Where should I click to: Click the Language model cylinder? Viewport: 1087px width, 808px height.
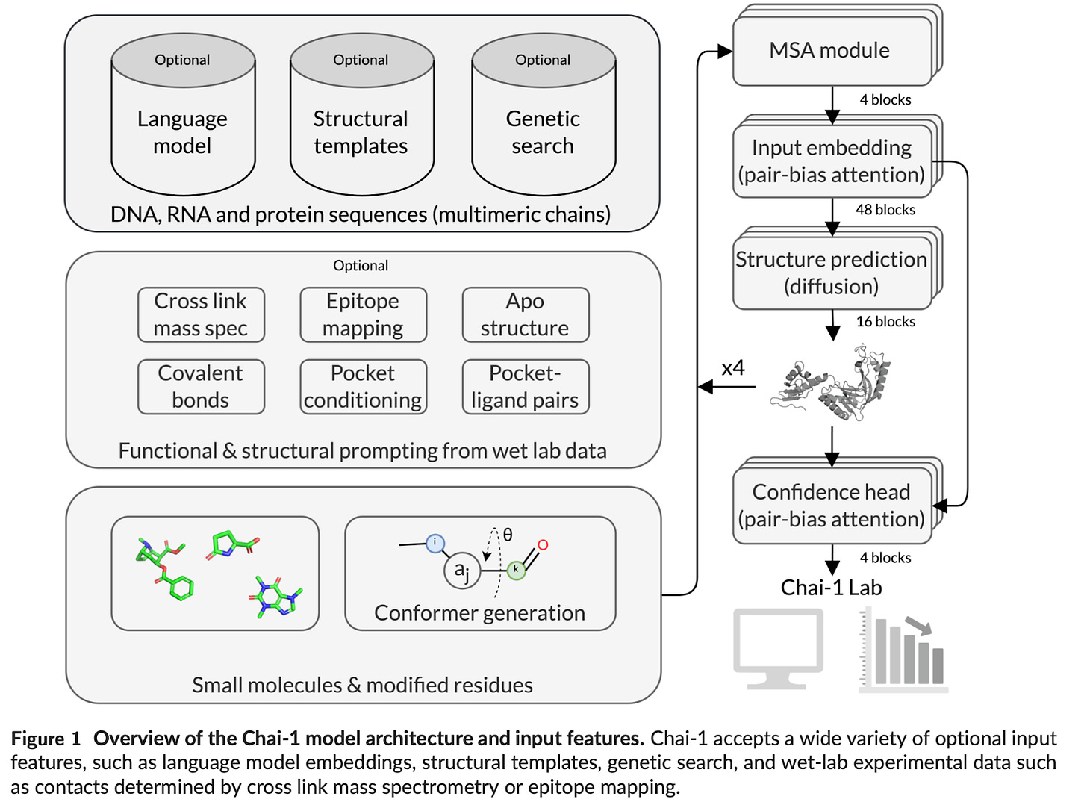coord(183,114)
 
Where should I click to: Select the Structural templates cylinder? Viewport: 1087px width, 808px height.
coord(361,114)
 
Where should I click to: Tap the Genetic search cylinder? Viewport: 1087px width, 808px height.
coord(543,114)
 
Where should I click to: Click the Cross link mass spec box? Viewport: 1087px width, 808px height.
coord(201,315)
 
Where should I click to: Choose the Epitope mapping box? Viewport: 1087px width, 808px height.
coord(363,315)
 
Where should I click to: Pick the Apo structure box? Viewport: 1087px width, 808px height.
coord(526,315)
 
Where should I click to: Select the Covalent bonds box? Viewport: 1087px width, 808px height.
coord(201,387)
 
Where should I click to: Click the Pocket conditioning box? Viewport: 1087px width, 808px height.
coord(363,387)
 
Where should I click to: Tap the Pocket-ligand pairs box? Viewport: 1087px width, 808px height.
coord(526,387)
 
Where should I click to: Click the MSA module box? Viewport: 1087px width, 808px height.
coord(837,46)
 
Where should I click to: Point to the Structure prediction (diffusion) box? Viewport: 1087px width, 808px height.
coord(837,267)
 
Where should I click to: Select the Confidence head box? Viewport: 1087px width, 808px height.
coord(837,500)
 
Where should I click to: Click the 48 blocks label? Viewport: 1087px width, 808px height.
coord(885,210)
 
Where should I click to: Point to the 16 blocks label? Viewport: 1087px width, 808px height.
coord(885,322)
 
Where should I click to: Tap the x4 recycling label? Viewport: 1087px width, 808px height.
coord(732,367)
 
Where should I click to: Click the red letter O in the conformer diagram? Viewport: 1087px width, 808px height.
coord(543,544)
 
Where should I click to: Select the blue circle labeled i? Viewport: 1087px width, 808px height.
coord(435,543)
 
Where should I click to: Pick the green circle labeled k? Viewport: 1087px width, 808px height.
coord(516,571)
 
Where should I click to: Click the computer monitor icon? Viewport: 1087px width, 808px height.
coord(778,649)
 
